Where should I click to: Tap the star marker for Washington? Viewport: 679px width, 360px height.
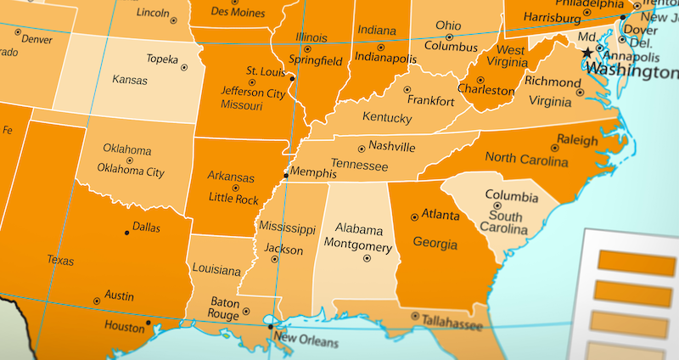point(587,53)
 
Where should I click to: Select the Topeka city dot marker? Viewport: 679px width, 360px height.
point(183,67)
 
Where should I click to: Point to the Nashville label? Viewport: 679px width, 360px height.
point(391,146)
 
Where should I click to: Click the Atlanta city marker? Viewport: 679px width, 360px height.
point(414,217)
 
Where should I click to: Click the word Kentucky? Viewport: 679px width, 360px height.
point(386,117)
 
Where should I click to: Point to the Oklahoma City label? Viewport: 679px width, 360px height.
point(131,172)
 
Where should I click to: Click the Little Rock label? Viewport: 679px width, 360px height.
point(233,199)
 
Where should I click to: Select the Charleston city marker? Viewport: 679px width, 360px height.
point(480,80)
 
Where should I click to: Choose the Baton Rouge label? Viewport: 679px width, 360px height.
point(225,307)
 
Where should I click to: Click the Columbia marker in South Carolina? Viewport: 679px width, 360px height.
point(497,205)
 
